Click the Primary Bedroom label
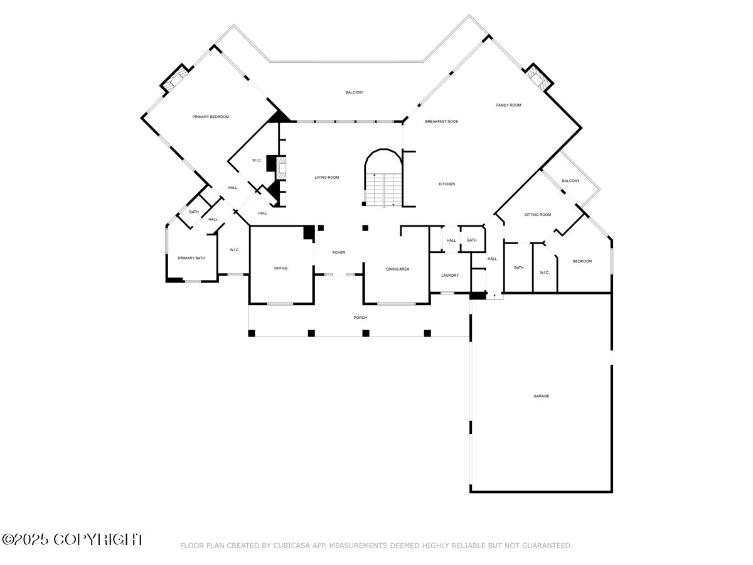pyautogui.click(x=210, y=117)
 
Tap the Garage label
pyautogui.click(x=541, y=396)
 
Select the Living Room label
pyautogui.click(x=326, y=178)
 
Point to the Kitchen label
pyautogui.click(x=446, y=184)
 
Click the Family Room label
pyautogui.click(x=508, y=105)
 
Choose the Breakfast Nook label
pyautogui.click(x=441, y=121)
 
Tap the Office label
pyautogui.click(x=280, y=268)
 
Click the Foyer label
pyautogui.click(x=339, y=252)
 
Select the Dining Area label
pyautogui.click(x=397, y=269)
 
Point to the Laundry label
pyautogui.click(x=450, y=275)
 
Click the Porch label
pyautogui.click(x=360, y=318)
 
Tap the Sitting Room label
pyautogui.click(x=537, y=215)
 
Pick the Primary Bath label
pyautogui.click(x=191, y=258)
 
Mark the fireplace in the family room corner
pyautogui.click(x=537, y=77)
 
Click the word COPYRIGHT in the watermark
pyautogui.click(x=98, y=539)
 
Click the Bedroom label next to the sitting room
pyautogui.click(x=582, y=261)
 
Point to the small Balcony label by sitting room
pyautogui.click(x=570, y=181)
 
